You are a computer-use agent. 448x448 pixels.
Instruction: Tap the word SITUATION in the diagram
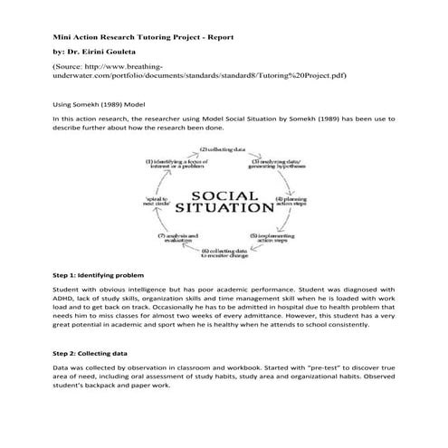[x=224, y=207]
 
